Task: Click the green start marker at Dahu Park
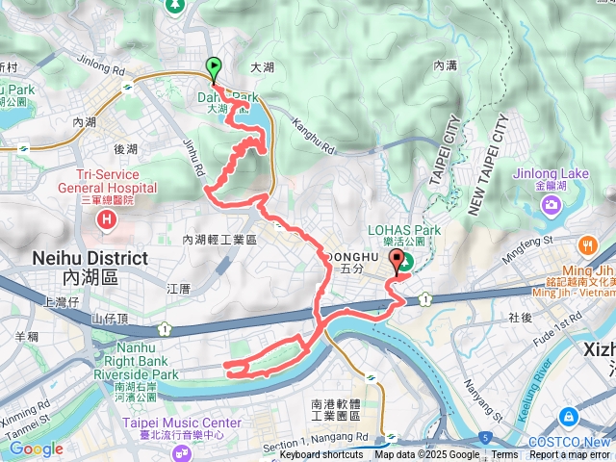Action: pos(213,68)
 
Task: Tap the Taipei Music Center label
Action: pos(181,423)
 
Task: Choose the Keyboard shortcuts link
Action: pos(321,455)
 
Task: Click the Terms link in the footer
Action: pos(504,455)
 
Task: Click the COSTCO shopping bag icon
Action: pos(569,417)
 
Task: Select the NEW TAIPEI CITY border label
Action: pos(487,165)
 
